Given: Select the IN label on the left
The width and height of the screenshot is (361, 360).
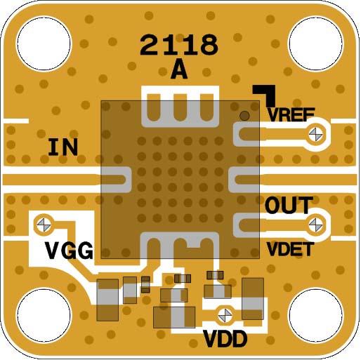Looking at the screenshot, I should pyautogui.click(x=63, y=147).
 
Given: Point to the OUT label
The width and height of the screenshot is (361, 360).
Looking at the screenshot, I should pyautogui.click(x=289, y=206).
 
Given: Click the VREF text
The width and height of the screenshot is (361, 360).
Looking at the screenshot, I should pyautogui.click(x=291, y=114).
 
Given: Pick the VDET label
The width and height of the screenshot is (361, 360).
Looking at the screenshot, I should pyautogui.click(x=289, y=248).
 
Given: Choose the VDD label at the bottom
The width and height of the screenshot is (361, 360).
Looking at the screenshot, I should pyautogui.click(x=225, y=340).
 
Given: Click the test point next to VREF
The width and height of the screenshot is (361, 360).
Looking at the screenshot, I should pyautogui.click(x=317, y=132).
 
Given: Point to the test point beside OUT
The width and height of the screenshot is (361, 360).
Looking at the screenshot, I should pyautogui.click(x=317, y=224).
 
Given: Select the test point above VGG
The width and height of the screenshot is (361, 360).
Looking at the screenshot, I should pyautogui.click(x=44, y=224).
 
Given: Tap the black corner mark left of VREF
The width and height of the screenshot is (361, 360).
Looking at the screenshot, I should pyautogui.click(x=265, y=94).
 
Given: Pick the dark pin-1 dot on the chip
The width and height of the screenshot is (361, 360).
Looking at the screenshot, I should pyautogui.click(x=244, y=116).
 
